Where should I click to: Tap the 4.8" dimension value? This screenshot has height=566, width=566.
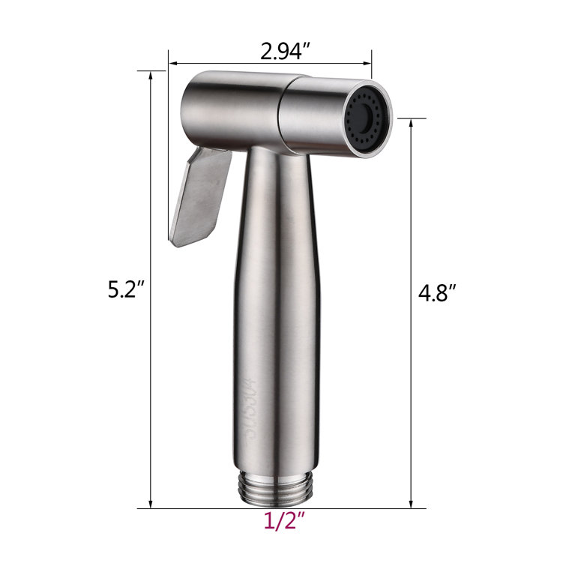coord(436,292)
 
